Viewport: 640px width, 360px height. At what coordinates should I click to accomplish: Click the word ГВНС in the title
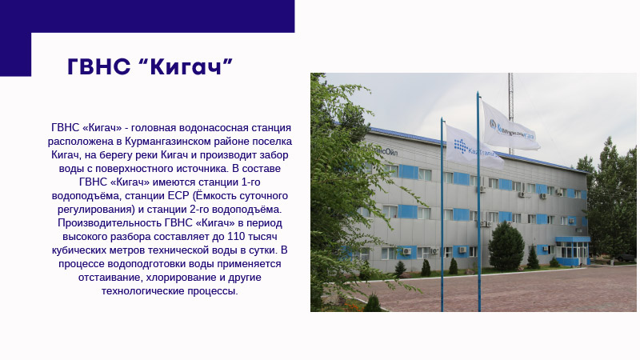98,66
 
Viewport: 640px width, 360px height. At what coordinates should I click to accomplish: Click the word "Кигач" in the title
186,66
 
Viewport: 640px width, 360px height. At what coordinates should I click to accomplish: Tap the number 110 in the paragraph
236,237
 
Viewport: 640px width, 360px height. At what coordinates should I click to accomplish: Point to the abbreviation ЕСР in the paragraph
178,196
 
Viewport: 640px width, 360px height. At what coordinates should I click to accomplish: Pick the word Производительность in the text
110,223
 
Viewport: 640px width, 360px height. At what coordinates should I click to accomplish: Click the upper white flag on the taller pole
510,127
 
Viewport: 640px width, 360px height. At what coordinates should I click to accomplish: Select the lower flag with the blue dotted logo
474,148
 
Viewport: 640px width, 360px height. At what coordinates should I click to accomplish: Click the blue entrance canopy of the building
572,239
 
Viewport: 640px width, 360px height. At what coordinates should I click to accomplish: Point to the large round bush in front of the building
506,246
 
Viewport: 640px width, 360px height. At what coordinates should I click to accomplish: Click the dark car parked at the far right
626,257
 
